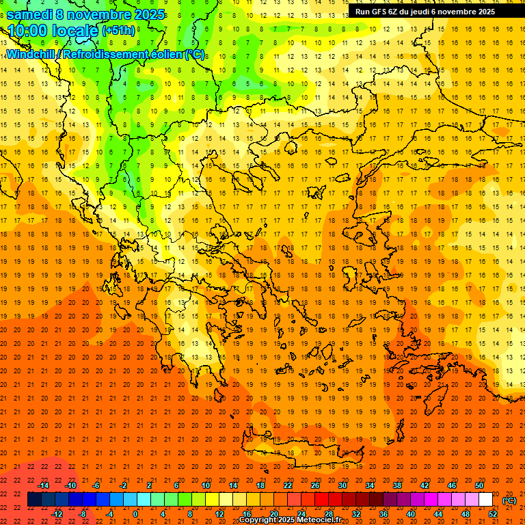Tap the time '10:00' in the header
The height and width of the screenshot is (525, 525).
pyautogui.click(x=27, y=31)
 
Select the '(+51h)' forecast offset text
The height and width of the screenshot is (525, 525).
pyautogui.click(x=118, y=31)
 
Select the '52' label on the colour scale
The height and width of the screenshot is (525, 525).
pyautogui.click(x=493, y=514)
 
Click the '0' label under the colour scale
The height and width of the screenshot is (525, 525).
pyautogui.click(x=135, y=514)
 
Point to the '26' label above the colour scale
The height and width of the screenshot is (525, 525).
pyautogui.click(x=315, y=485)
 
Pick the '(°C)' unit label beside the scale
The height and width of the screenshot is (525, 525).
pyautogui.click(x=509, y=500)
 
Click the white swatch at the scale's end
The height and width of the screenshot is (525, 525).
pyautogui.click(x=486, y=500)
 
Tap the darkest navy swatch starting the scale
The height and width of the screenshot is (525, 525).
pyautogui.click(x=34, y=500)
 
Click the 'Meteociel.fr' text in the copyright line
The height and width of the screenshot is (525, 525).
pyautogui.click(x=318, y=520)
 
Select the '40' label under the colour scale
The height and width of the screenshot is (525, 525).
pyautogui.click(x=410, y=514)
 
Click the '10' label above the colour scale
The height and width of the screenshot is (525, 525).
pyautogui.click(x=206, y=485)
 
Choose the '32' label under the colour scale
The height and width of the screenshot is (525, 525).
pyautogui.click(x=355, y=514)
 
